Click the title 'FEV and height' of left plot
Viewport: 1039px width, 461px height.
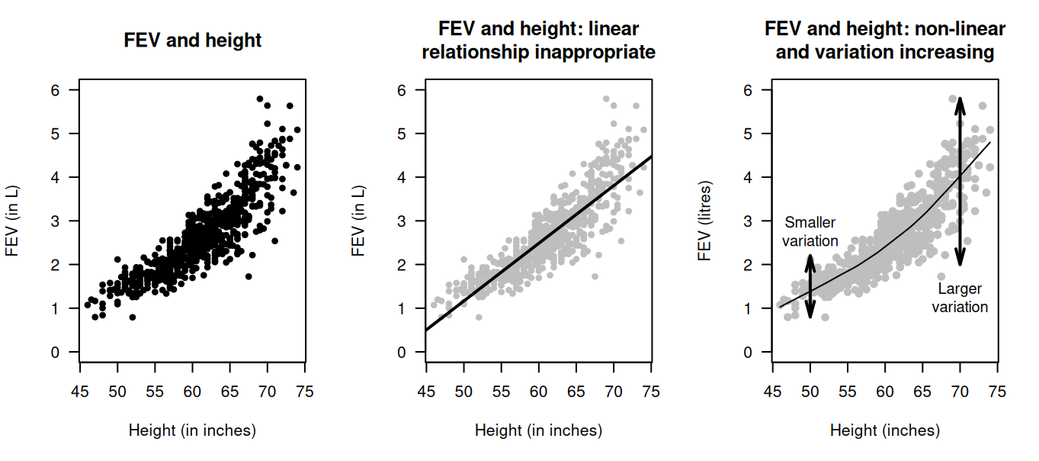193,40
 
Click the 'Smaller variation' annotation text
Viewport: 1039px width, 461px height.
810,231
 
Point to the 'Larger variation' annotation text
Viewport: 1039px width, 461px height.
960,298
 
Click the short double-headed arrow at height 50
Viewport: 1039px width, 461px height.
810,286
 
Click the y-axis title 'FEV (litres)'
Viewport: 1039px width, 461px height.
704,221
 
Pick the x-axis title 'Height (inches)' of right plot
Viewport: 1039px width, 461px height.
885,430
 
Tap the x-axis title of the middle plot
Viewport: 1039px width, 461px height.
538,430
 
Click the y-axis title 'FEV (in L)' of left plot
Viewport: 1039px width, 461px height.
12,221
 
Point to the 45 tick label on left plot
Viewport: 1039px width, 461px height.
80,392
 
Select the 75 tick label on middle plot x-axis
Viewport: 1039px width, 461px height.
651,392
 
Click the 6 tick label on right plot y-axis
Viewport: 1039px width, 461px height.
747,90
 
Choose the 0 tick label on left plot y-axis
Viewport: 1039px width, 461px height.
55,353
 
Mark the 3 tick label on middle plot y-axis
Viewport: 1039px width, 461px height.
401,221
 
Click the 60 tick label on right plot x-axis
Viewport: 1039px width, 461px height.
885,392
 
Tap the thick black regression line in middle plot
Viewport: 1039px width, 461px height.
538,243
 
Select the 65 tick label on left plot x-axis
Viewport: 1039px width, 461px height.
230,392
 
